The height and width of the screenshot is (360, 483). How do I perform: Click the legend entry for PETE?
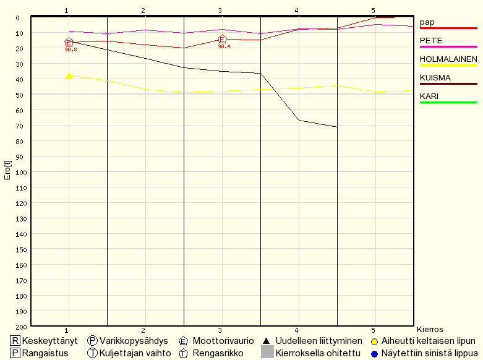tap(431, 41)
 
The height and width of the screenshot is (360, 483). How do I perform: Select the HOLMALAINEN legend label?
tap(448, 59)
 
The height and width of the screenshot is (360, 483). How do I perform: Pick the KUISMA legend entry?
tap(435, 78)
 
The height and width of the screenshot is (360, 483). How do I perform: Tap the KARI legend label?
tap(429, 96)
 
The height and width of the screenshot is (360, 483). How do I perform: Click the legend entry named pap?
tap(427, 22)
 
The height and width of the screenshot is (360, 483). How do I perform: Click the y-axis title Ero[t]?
tap(7, 171)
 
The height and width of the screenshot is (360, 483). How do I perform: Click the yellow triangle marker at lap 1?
tap(69, 75)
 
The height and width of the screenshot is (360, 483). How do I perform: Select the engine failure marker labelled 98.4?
tap(223, 40)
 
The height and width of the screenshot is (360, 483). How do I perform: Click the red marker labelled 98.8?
tap(69, 43)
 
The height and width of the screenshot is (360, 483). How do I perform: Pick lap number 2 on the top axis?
tap(143, 11)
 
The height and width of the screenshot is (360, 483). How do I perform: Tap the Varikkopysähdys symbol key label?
tap(134, 341)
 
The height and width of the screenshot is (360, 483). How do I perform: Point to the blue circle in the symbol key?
tap(374, 353)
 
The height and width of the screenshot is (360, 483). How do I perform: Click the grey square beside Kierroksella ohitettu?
tap(267, 353)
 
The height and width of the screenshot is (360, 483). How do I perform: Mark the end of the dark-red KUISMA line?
tap(337, 127)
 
